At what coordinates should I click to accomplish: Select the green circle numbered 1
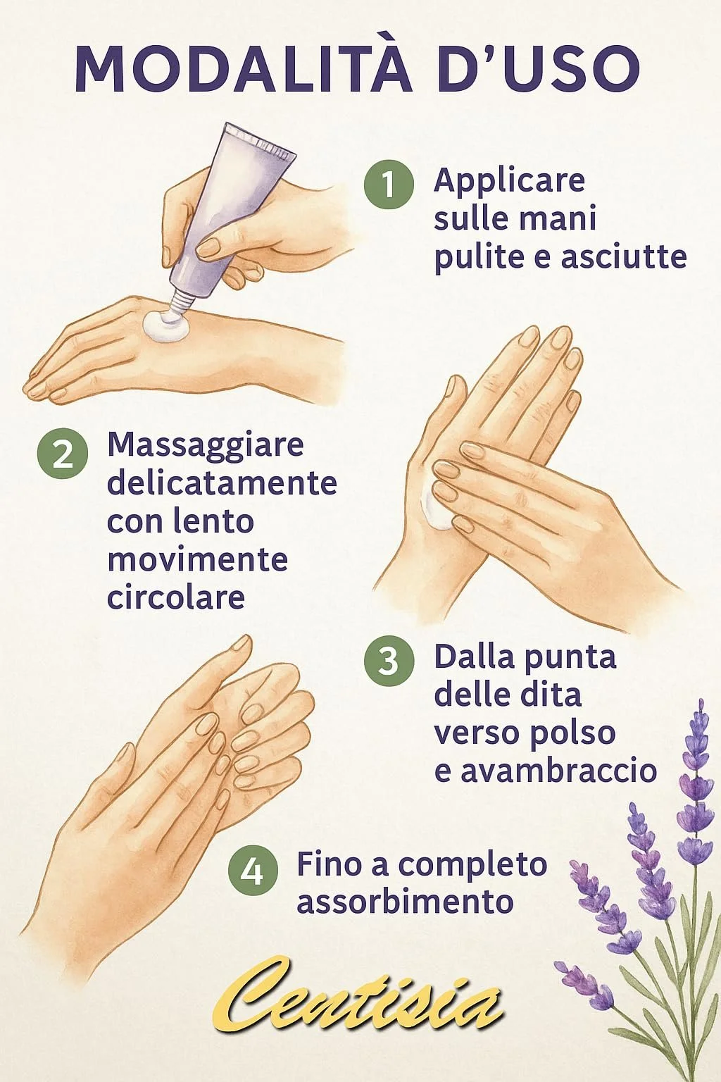coord(388,185)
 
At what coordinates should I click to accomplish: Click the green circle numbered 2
coord(62,454)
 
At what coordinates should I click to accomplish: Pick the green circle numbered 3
coord(389,660)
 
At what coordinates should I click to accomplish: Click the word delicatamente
coord(222,483)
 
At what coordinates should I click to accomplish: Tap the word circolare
coord(176,597)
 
